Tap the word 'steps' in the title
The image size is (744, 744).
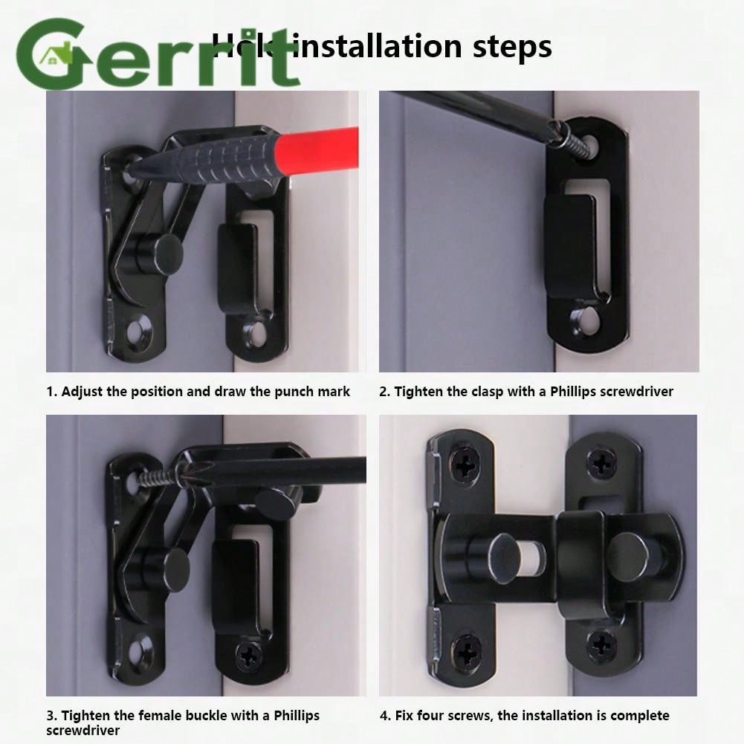512,46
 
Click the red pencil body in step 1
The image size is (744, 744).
316,152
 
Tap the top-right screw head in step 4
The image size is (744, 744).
601,462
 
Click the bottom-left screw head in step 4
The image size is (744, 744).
466,651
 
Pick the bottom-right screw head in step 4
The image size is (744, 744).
601,645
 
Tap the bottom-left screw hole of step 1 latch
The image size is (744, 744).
138,333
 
